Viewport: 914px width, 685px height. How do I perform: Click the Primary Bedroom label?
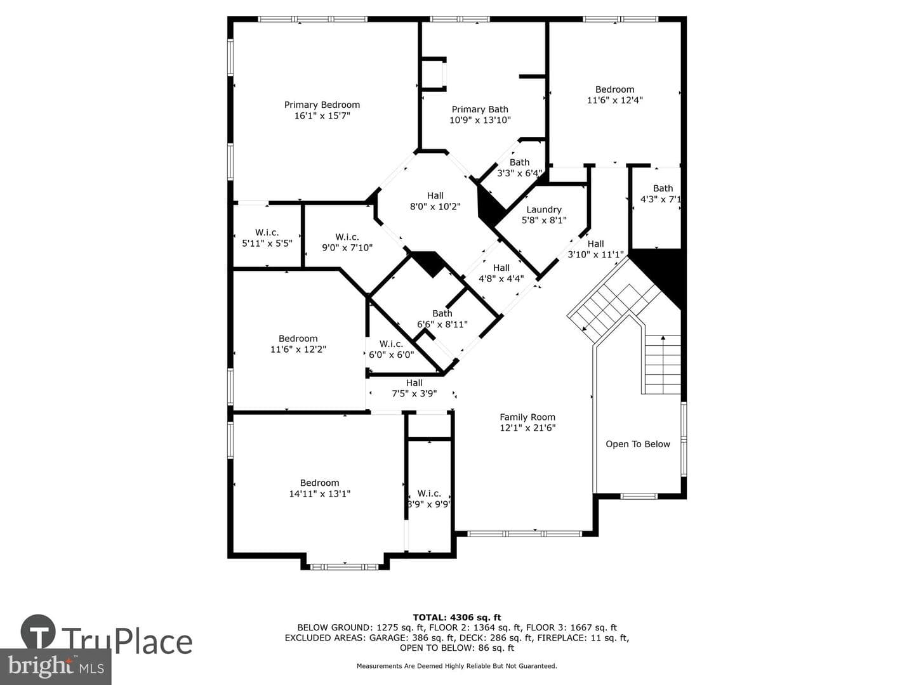(x=322, y=105)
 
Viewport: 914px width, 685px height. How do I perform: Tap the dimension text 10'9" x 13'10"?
(x=480, y=121)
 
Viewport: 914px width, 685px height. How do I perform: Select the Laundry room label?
(x=544, y=209)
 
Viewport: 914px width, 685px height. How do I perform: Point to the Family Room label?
(x=527, y=417)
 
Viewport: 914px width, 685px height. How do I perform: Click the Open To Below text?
(x=638, y=444)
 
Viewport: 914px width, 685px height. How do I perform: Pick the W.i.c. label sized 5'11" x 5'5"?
(x=267, y=233)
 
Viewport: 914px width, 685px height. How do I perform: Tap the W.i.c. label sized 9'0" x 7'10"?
(x=347, y=237)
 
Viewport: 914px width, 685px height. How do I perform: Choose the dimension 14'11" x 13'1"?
(x=320, y=493)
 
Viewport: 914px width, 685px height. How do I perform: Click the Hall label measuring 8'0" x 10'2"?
(x=435, y=195)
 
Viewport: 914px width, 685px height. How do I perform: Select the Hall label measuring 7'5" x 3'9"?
(x=414, y=382)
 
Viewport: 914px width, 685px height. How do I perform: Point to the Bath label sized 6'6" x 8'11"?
(x=442, y=313)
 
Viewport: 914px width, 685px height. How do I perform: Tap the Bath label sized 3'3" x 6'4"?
(x=520, y=162)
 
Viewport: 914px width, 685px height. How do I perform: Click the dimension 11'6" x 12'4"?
(x=615, y=100)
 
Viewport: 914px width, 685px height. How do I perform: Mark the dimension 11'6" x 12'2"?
(x=298, y=349)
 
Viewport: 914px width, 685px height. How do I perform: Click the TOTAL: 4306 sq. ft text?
(x=457, y=618)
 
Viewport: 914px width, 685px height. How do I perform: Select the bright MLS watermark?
(x=55, y=667)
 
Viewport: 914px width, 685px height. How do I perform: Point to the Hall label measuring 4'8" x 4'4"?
(x=501, y=268)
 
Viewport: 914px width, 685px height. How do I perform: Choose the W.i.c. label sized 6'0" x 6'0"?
(x=391, y=344)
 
